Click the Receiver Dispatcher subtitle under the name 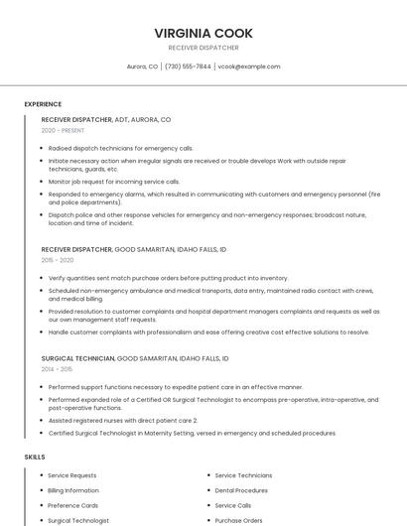point(203,48)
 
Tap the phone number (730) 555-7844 point(188,66)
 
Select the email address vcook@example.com point(249,66)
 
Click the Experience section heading point(43,104)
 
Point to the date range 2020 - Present point(63,130)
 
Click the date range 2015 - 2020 point(58,260)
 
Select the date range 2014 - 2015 point(58,368)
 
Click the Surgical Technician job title point(77,357)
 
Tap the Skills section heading point(35,457)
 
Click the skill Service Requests point(72,475)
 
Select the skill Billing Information point(73,490)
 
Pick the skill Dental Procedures point(241,490)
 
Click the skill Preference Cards point(71,505)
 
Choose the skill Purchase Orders point(238,520)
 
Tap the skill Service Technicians point(243,475)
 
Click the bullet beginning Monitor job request point(114,182)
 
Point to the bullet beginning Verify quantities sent point(168,278)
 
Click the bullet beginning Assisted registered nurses point(129,420)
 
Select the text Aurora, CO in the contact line point(142,66)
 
